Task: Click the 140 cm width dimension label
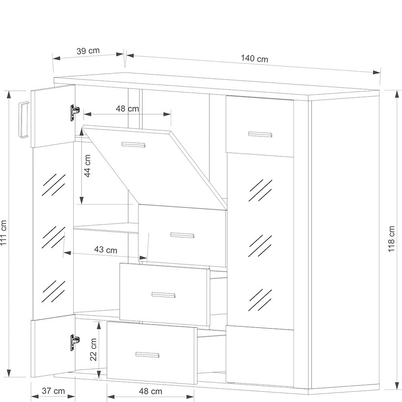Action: point(254,59)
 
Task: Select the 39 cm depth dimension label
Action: point(88,51)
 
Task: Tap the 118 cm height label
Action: point(391,239)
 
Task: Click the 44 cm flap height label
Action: point(88,166)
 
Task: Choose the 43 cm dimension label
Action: point(106,250)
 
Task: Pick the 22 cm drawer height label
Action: point(93,349)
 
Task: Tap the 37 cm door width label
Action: point(53,391)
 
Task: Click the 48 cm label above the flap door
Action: point(127,109)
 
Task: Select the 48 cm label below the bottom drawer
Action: point(150,391)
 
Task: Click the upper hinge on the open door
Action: point(75,112)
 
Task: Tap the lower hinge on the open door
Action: point(75,342)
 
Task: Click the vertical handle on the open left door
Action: point(24,120)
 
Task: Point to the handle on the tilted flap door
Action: point(133,145)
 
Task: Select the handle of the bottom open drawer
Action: point(148,355)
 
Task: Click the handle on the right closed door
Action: point(260,134)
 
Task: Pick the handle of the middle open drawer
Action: point(164,295)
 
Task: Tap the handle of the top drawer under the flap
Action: point(182,235)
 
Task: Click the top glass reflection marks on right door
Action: point(260,190)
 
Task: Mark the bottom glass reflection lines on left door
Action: point(53,291)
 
